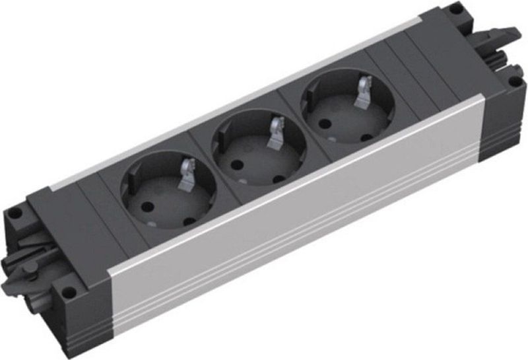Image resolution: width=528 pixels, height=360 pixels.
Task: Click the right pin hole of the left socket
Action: point(189,220)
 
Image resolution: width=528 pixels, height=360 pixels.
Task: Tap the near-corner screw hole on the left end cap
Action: point(66,289)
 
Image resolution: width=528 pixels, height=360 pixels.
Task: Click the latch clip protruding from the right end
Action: point(505,36)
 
